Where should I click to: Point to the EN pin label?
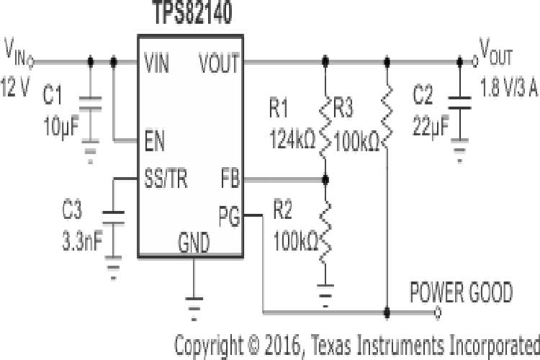154,141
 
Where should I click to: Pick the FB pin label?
230,179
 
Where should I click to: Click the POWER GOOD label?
462,293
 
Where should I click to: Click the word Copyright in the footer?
210,343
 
